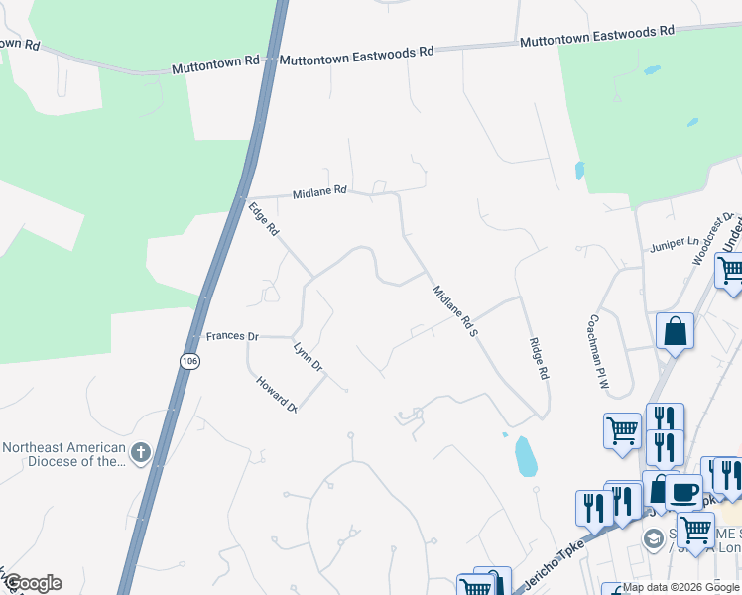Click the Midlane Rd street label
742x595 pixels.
pos(319,191)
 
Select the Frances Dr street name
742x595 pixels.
pos(232,336)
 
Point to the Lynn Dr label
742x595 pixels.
pos(309,357)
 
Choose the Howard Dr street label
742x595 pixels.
pos(277,394)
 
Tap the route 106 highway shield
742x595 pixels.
pos(189,362)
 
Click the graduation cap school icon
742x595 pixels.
pos(653,538)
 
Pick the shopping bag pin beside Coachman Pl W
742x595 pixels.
pos(675,331)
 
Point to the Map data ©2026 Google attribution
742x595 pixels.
pos(680,587)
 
